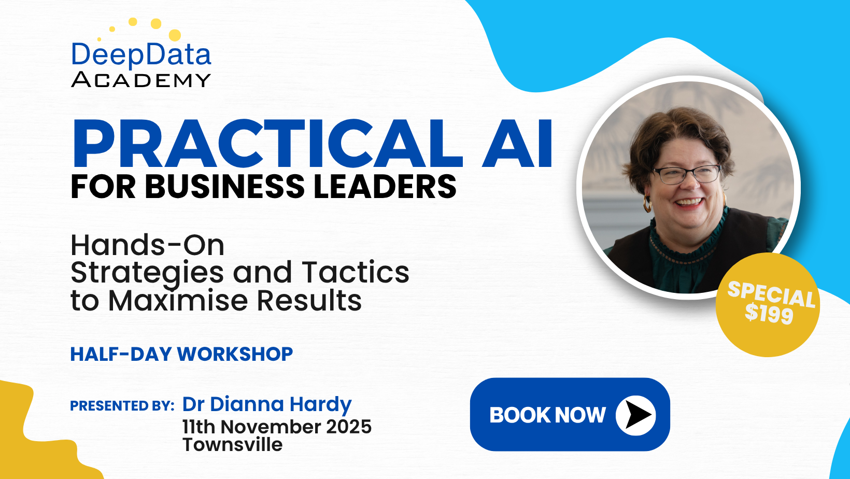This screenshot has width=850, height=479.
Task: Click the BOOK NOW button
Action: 570,415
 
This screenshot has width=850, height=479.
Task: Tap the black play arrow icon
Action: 638,415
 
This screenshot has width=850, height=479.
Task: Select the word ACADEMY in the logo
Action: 141,80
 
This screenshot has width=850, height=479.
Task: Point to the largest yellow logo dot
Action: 175,35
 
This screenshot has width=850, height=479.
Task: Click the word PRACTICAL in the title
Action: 267,144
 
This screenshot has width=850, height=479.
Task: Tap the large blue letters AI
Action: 517,144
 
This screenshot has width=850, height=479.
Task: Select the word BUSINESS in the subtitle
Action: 224,186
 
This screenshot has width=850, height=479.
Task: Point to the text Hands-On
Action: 148,245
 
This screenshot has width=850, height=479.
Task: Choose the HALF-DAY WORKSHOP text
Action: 181,354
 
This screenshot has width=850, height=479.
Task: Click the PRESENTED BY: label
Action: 122,406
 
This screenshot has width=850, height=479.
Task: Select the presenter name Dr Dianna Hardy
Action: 267,404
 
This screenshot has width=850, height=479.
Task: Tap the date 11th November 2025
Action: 277,427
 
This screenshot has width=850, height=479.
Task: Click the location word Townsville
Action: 233,444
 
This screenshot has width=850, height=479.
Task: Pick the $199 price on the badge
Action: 769,314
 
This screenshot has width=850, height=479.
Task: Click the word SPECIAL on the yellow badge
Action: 771,294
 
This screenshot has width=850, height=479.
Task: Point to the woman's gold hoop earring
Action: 647,204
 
